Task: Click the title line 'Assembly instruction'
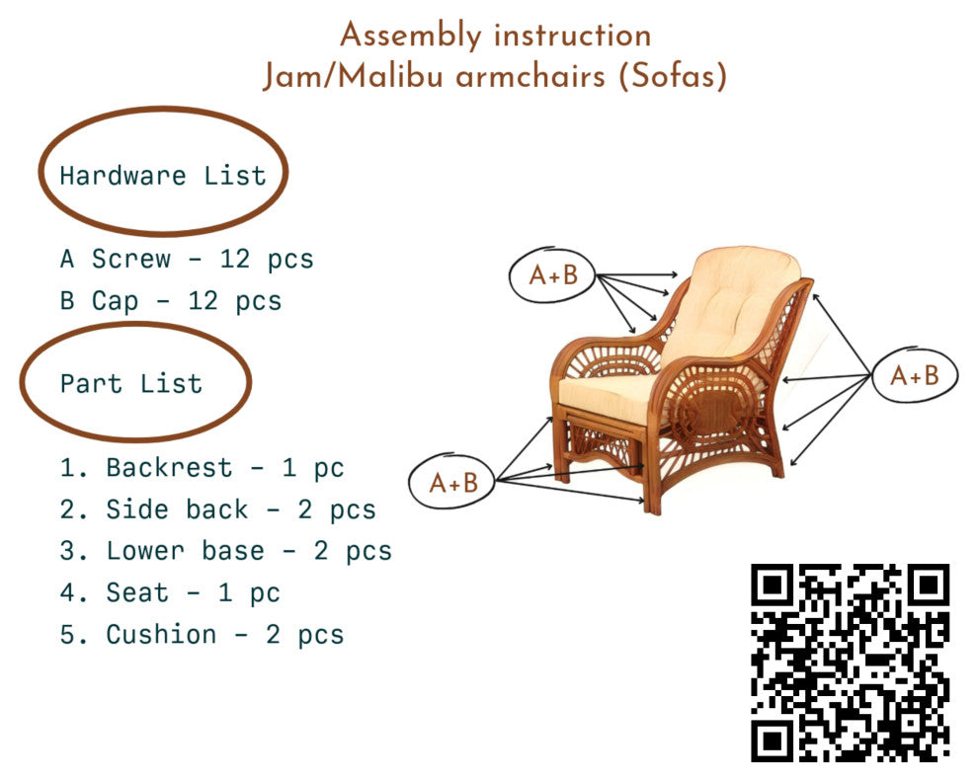point(495,37)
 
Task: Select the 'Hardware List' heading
point(163,176)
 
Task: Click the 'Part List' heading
point(131,383)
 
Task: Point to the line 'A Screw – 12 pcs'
point(187,260)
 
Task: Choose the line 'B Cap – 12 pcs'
point(171,301)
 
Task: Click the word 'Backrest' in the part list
point(169,467)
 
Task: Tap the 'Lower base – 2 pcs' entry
point(225,551)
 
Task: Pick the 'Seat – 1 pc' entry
point(170,592)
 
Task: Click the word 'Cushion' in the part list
point(161,634)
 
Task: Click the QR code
point(850,663)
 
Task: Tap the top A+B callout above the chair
point(552,276)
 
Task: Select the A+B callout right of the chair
point(914,375)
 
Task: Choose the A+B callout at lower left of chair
point(453,483)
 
